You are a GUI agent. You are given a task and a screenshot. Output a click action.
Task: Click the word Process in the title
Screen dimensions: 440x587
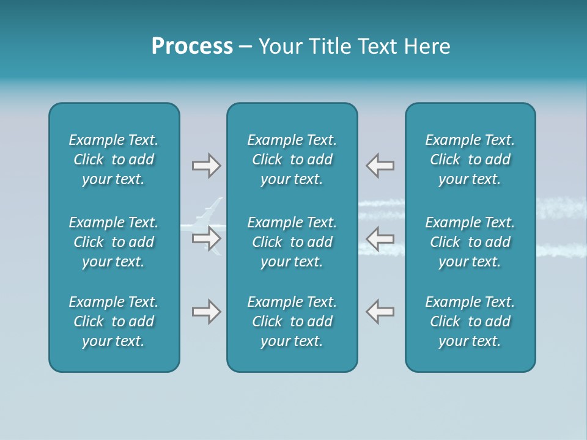coord(192,46)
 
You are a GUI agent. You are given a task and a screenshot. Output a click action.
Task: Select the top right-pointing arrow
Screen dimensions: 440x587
coord(206,166)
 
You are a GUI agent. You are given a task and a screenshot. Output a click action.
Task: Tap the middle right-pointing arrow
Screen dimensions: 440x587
coord(206,238)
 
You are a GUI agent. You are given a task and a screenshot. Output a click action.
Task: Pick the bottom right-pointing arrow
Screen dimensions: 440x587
coord(206,312)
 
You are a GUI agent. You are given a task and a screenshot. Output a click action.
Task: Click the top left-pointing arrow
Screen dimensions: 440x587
coord(380,166)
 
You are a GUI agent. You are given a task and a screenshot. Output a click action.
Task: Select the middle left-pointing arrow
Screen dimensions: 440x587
coord(380,238)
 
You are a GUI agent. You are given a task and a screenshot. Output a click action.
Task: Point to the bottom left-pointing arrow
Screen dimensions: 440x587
coord(380,312)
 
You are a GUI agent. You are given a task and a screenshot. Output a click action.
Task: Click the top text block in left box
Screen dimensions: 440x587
coord(114,159)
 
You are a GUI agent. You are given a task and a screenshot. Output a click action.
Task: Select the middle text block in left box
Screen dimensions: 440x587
coord(114,242)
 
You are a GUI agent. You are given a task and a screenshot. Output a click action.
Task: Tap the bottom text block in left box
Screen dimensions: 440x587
coord(114,321)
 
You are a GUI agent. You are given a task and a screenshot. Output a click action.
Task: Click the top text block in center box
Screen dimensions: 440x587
coord(292,159)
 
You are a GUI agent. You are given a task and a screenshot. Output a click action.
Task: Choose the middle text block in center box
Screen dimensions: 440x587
coord(292,242)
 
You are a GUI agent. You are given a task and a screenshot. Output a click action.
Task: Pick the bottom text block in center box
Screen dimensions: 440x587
coord(292,321)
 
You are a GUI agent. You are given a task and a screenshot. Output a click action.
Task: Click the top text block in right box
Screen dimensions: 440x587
coord(470,159)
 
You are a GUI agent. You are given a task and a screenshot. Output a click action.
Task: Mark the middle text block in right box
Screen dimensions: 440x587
coord(470,242)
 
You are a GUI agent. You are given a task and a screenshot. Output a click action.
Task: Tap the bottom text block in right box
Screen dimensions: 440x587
coord(470,321)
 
